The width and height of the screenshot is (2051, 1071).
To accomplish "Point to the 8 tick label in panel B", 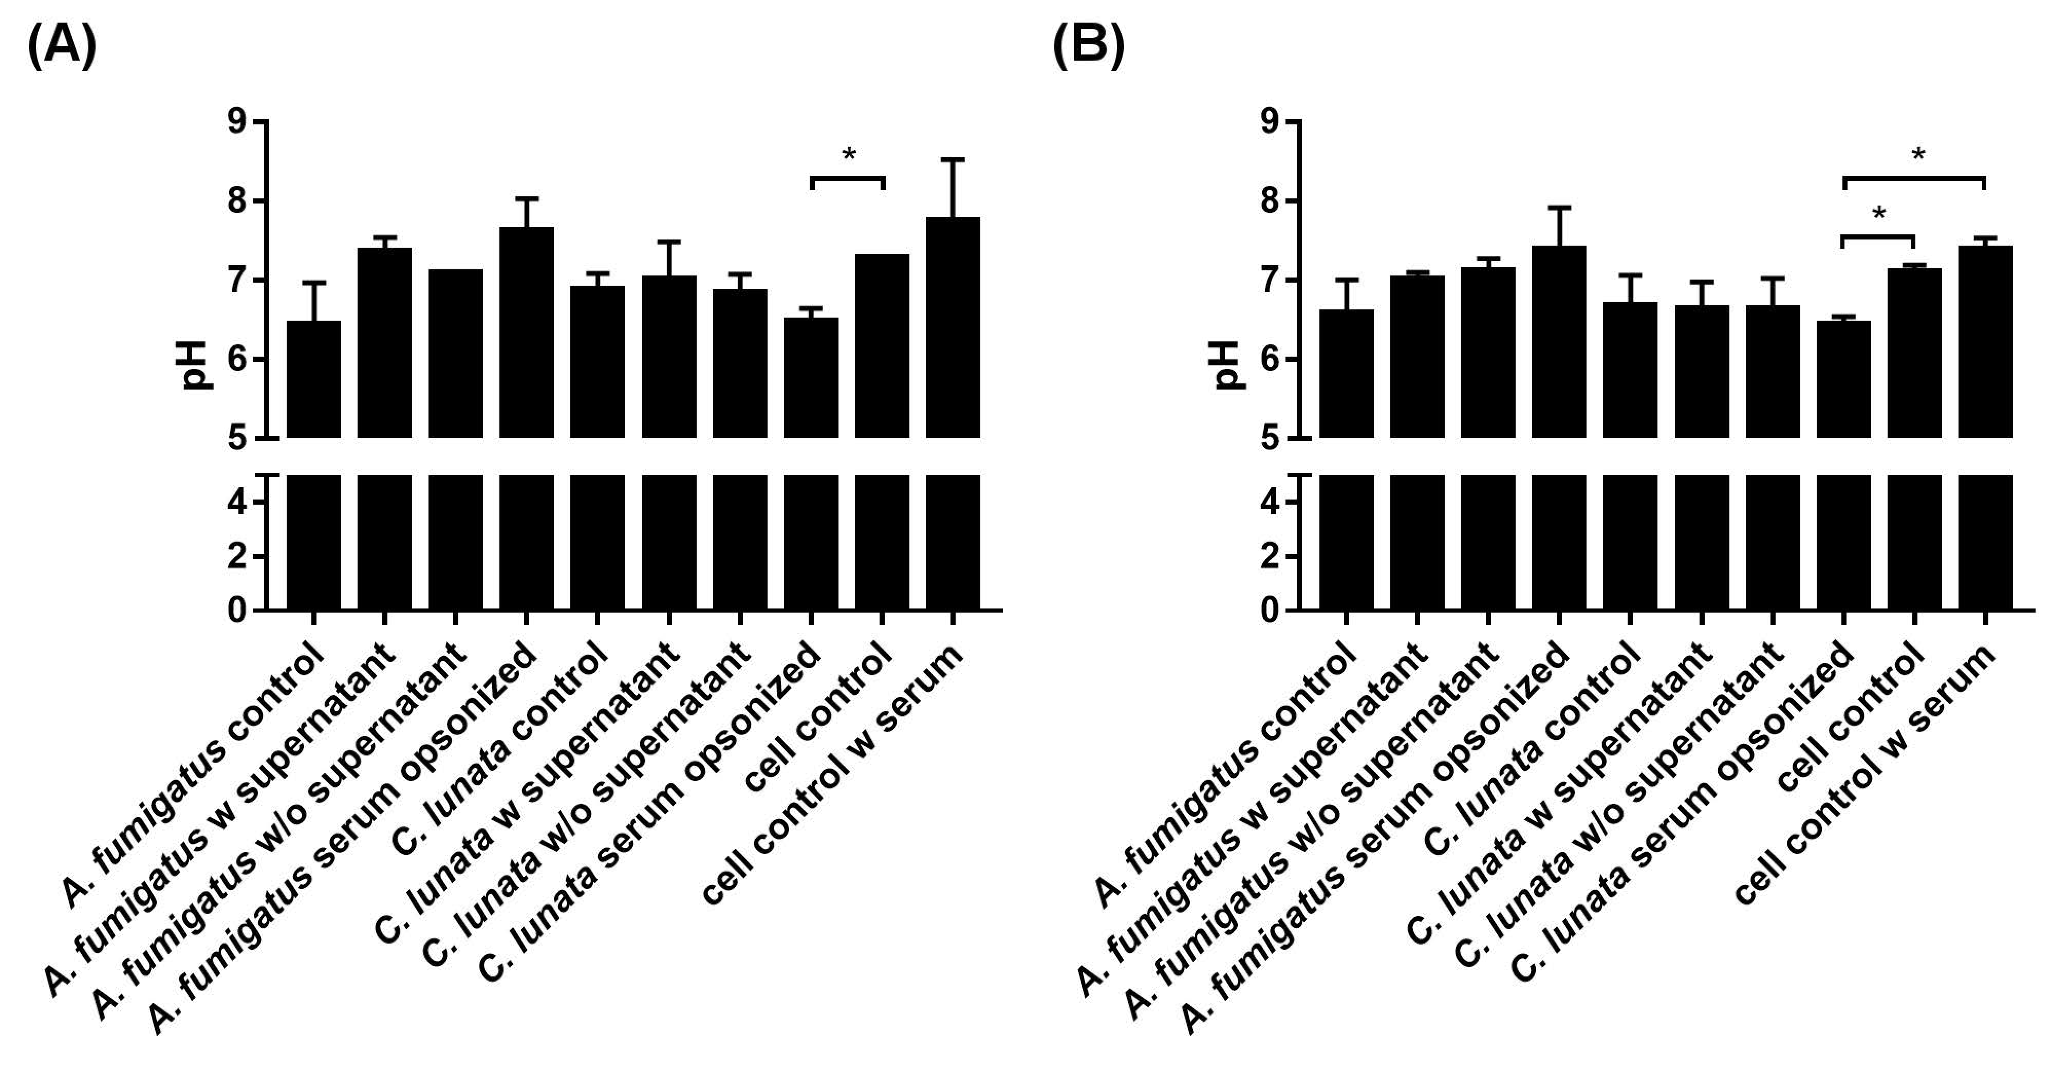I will coord(1270,200).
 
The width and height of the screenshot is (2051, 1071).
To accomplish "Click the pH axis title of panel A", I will coord(194,365).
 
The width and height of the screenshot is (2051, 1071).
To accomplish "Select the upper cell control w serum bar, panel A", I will coord(952,326).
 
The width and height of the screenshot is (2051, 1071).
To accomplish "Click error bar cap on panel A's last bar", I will coord(952,160).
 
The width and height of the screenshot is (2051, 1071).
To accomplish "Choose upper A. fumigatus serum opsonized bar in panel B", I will coord(1559,342).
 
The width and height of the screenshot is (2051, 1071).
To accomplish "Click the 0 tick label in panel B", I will coord(1270,611).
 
